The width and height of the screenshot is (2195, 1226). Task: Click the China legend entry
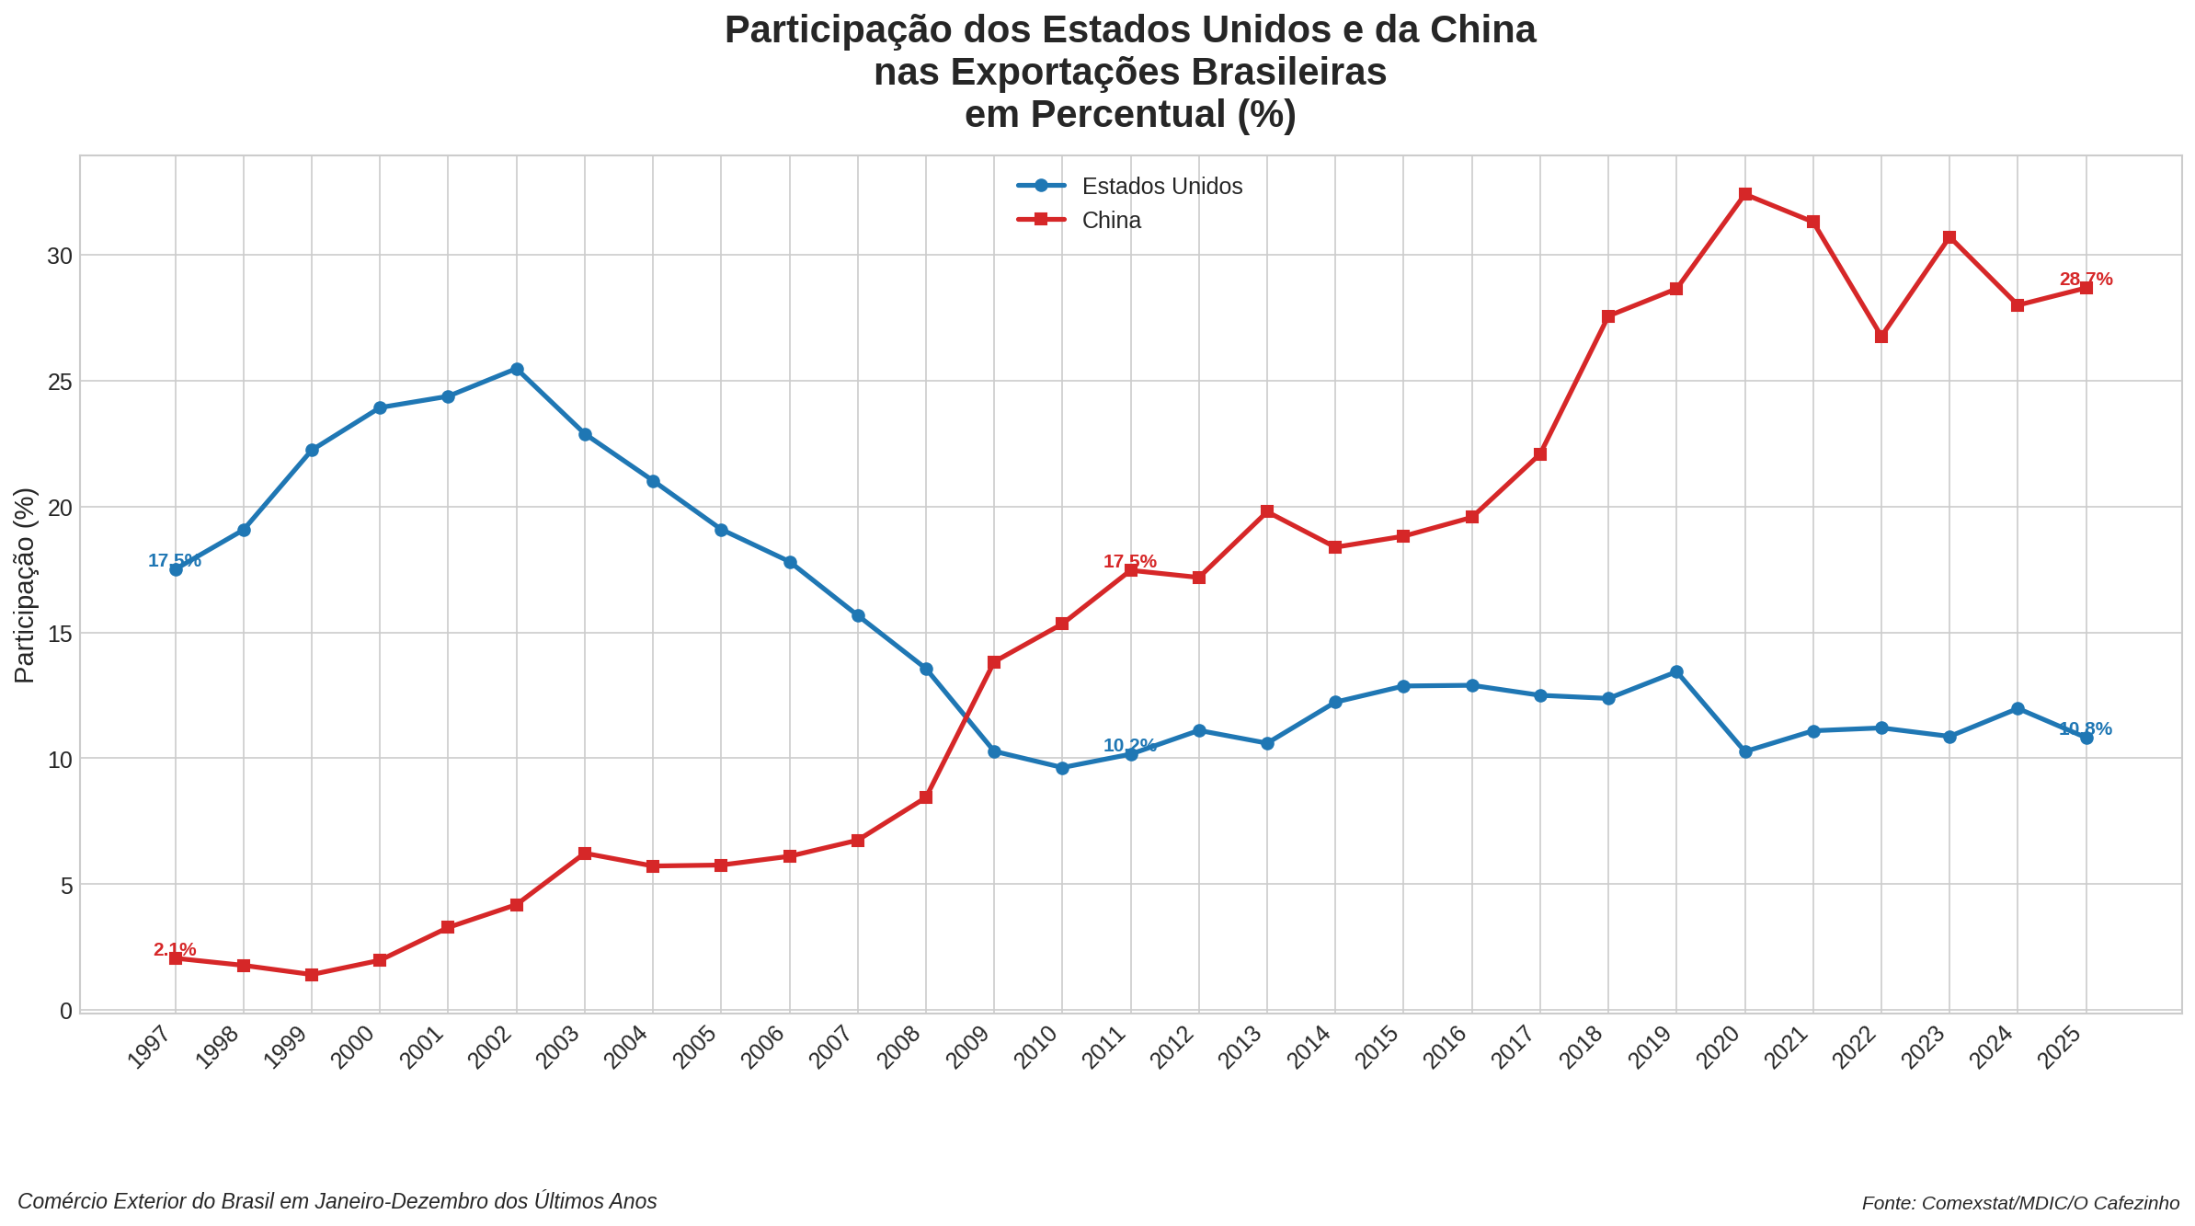(x=1111, y=221)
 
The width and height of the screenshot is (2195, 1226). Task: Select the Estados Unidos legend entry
(x=1161, y=187)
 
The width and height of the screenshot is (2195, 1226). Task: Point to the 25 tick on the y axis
(x=60, y=382)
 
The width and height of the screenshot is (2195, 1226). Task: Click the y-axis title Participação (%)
(x=25, y=585)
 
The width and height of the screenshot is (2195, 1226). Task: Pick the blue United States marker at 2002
(x=517, y=370)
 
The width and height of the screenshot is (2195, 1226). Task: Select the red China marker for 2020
(x=1745, y=194)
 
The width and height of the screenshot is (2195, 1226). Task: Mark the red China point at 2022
(x=1881, y=337)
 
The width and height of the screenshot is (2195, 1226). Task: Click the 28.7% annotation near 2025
(x=2086, y=279)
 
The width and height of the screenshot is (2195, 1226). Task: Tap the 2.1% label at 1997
(x=175, y=949)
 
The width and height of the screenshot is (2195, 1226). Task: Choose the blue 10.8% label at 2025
(x=2085, y=728)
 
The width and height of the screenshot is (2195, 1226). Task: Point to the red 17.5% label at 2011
(x=1129, y=561)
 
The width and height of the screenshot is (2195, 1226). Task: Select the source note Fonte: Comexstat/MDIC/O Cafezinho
(x=2020, y=1203)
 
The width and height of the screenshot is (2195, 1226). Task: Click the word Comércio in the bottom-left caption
(x=60, y=1201)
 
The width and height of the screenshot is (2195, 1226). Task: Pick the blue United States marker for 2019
(x=1676, y=672)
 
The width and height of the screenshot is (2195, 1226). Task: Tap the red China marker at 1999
(x=312, y=975)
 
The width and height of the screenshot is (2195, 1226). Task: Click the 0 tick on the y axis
(x=65, y=1011)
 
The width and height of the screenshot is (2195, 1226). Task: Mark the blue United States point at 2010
(x=1062, y=768)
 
